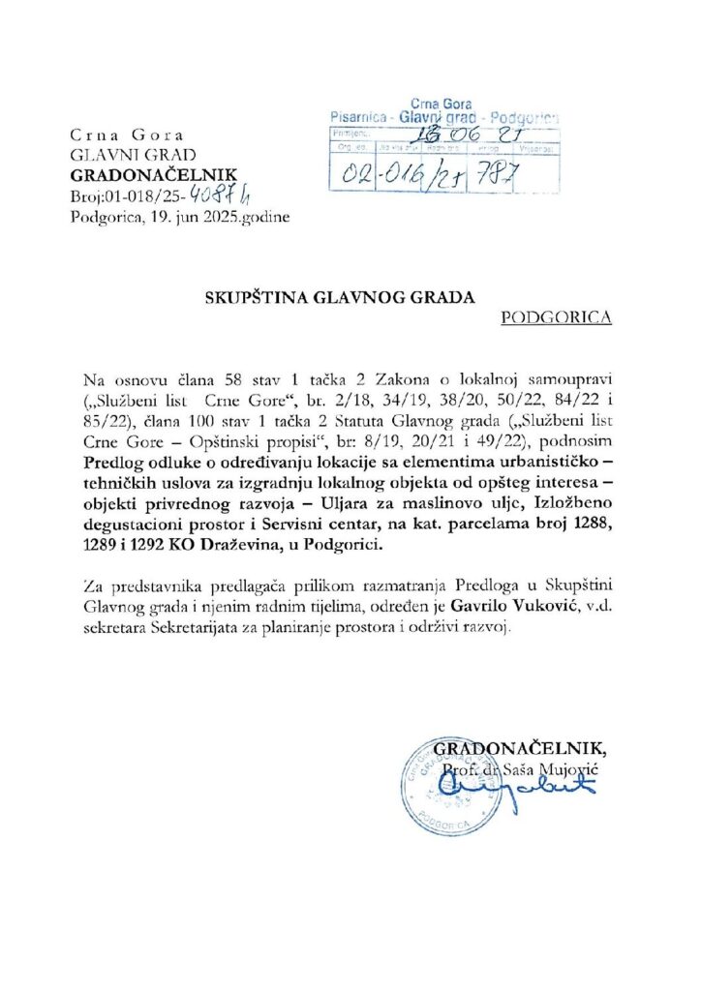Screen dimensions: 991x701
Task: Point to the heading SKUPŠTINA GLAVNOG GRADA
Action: click(x=338, y=298)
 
